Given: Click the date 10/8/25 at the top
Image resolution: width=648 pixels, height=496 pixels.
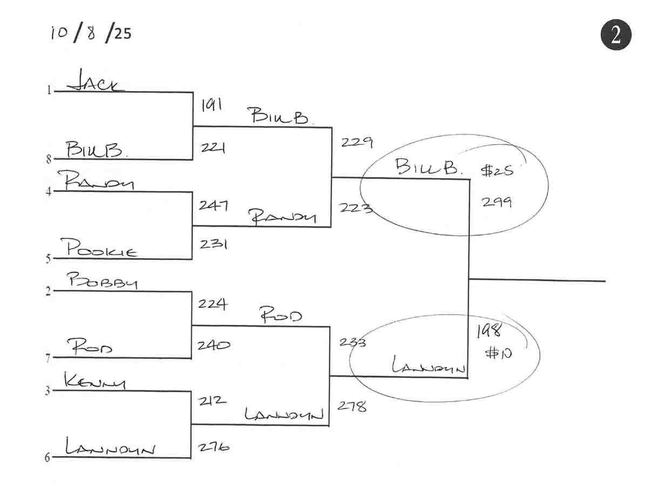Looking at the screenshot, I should [91, 33].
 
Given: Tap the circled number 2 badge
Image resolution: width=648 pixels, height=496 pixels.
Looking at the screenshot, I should [616, 35].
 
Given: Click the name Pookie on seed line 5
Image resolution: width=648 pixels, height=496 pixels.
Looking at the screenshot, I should [102, 248].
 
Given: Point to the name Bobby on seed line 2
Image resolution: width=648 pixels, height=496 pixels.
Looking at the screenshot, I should [102, 282].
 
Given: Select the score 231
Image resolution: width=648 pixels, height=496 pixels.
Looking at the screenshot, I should [213, 244].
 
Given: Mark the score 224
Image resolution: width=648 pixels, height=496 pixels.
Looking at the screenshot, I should [212, 304].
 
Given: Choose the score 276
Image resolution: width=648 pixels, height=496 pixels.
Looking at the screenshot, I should [214, 447].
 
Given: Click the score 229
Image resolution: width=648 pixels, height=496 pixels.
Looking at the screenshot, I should [356, 142].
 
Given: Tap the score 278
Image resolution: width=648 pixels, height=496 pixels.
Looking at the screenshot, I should [353, 406].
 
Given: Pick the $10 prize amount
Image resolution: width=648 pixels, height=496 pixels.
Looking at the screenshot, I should [498, 354].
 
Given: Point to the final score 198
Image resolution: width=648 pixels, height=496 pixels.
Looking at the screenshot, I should [489, 331].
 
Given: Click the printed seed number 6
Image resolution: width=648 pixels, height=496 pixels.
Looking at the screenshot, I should [47, 458].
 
